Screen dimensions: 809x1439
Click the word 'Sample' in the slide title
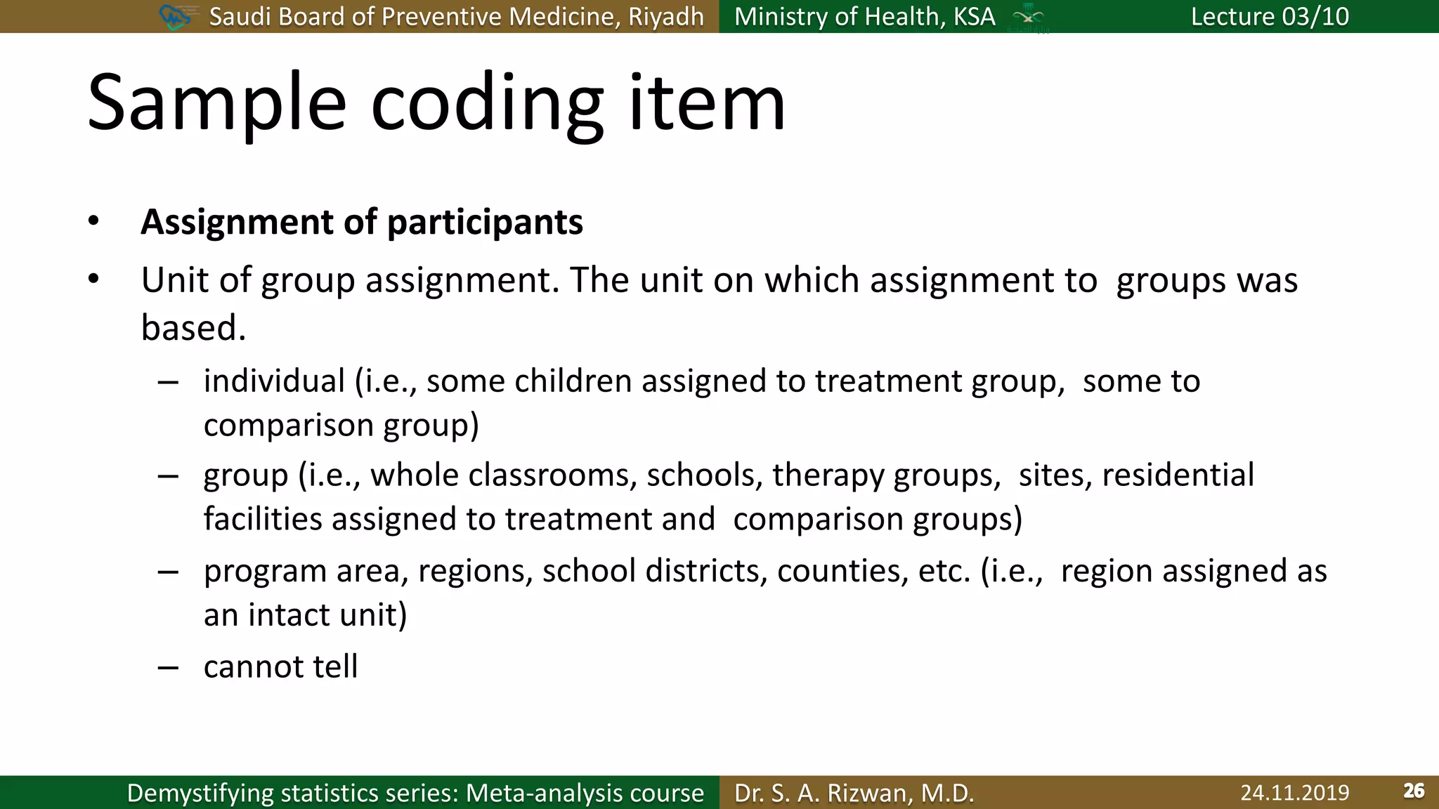click(216, 104)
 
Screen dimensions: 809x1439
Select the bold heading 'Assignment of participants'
click(361, 222)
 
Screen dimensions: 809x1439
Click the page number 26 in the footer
click(1413, 791)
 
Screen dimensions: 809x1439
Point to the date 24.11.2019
click(1294, 793)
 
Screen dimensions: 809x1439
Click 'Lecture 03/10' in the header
click(1269, 16)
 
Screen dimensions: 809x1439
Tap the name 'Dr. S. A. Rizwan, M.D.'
click(854, 793)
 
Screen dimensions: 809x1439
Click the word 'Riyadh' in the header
click(665, 16)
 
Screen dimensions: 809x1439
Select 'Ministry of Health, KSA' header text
click(864, 16)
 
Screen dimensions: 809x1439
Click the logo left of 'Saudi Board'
click(175, 16)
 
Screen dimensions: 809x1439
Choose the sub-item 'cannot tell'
click(280, 666)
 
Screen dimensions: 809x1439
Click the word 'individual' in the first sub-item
click(274, 381)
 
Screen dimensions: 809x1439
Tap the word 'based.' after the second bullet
click(193, 328)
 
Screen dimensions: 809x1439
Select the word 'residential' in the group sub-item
click(1178, 475)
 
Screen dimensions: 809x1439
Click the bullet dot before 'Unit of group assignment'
click(93, 279)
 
